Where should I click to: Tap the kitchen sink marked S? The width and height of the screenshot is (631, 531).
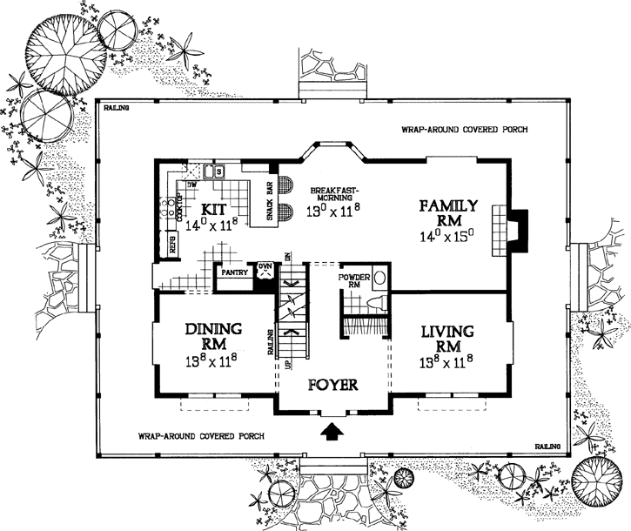[220, 171]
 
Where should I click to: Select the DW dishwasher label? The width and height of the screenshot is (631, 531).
[192, 185]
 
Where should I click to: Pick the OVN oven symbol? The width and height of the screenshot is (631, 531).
[265, 270]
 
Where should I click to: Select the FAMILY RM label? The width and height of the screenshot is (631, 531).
[447, 214]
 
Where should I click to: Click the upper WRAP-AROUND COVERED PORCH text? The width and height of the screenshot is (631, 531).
[464, 130]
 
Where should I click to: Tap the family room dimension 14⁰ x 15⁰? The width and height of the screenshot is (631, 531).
[447, 235]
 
